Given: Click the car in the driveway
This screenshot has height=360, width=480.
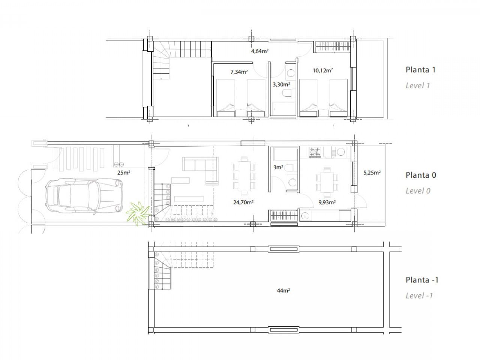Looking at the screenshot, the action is (x=84, y=195).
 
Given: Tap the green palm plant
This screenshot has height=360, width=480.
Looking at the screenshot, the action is (x=137, y=213).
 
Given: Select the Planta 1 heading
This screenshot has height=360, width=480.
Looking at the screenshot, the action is (x=420, y=70).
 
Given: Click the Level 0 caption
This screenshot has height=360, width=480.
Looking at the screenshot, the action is (x=418, y=191).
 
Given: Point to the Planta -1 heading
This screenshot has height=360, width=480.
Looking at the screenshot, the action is (x=422, y=280).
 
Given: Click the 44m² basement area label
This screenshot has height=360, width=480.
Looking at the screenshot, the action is (x=283, y=291).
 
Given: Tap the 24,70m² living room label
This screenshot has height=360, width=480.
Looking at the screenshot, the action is (x=243, y=202).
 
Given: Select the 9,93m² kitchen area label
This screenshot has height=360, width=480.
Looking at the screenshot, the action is (x=327, y=202).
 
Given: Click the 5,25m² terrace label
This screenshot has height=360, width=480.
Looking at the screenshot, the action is (x=372, y=172).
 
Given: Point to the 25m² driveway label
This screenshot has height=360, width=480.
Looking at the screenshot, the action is (x=123, y=172).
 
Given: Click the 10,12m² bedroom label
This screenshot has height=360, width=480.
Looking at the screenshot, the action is (x=322, y=70).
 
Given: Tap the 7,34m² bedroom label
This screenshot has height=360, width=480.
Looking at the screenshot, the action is (x=239, y=72).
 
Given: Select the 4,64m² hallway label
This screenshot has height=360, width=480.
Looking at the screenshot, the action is (x=259, y=51).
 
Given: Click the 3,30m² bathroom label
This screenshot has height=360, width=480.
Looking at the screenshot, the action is (x=281, y=84).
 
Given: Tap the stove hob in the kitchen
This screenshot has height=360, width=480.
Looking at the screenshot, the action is (x=315, y=152).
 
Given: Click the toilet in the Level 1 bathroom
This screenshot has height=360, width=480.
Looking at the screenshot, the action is (x=287, y=93).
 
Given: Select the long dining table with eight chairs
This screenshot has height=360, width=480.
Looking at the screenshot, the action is (x=244, y=176).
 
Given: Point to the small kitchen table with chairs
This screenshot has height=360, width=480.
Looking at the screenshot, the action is (x=327, y=182).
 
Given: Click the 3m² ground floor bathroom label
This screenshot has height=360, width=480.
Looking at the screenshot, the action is (x=278, y=167).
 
